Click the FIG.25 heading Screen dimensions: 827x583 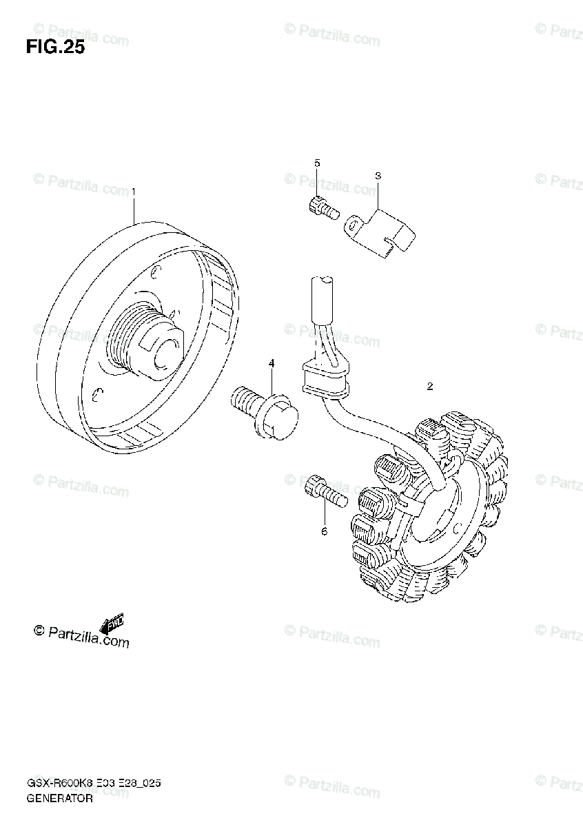tap(55, 48)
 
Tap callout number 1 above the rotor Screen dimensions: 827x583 tap(134, 190)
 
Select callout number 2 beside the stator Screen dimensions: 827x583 tap(429, 387)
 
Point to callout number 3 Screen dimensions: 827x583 tap(378, 176)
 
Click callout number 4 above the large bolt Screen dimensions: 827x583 tap(272, 363)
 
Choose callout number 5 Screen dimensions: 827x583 tap(317, 163)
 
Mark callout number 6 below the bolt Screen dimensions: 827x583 tap(324, 531)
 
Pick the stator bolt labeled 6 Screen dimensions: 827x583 tap(324, 491)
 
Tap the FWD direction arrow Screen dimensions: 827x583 tap(111, 624)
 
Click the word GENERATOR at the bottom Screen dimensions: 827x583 tap(61, 798)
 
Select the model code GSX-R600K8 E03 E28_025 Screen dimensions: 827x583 tap(95, 784)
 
